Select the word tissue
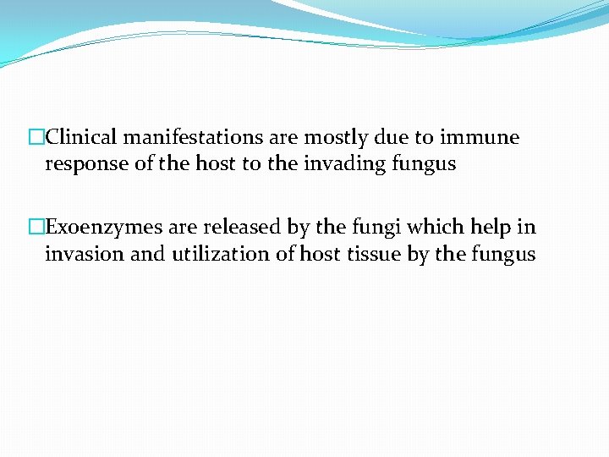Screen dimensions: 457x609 pyautogui.click(x=373, y=255)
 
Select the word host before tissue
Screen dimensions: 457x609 pyautogui.click(x=322, y=255)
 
